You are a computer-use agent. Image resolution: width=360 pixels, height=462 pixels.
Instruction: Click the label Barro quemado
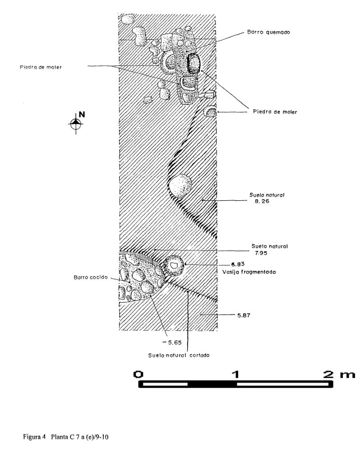(x=268, y=32)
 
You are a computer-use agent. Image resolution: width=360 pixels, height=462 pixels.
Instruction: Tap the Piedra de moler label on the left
(x=41, y=67)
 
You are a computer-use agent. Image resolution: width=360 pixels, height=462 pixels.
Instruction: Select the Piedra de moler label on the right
(x=275, y=112)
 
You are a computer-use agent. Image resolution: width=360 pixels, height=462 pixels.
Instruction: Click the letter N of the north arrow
(x=82, y=115)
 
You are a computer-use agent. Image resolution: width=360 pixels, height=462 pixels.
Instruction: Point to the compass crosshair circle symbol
(x=76, y=124)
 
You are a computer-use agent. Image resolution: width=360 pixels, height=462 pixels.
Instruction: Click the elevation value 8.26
(x=262, y=202)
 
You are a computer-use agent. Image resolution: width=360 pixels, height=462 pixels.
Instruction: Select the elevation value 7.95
(x=261, y=253)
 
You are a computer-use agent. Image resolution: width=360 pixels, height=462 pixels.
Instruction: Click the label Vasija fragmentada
(x=249, y=272)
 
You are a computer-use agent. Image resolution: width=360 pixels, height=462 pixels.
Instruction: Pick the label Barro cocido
(x=90, y=277)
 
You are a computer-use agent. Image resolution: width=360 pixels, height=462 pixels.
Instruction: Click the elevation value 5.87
(x=244, y=315)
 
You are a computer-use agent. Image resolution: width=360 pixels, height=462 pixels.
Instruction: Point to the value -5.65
(x=172, y=343)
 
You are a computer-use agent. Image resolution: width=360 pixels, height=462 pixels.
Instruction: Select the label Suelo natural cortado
(x=179, y=356)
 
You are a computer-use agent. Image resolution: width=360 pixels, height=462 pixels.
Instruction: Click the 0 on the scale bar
(x=138, y=374)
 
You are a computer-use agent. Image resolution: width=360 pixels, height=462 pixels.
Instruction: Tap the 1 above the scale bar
(x=235, y=374)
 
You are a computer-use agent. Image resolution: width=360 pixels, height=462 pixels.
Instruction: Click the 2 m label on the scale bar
(x=339, y=374)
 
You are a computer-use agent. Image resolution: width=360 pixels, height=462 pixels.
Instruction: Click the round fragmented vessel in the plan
(x=174, y=266)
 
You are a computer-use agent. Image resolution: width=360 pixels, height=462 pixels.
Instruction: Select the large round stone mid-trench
(x=180, y=186)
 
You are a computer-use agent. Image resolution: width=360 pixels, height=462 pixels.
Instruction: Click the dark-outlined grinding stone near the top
(x=194, y=63)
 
